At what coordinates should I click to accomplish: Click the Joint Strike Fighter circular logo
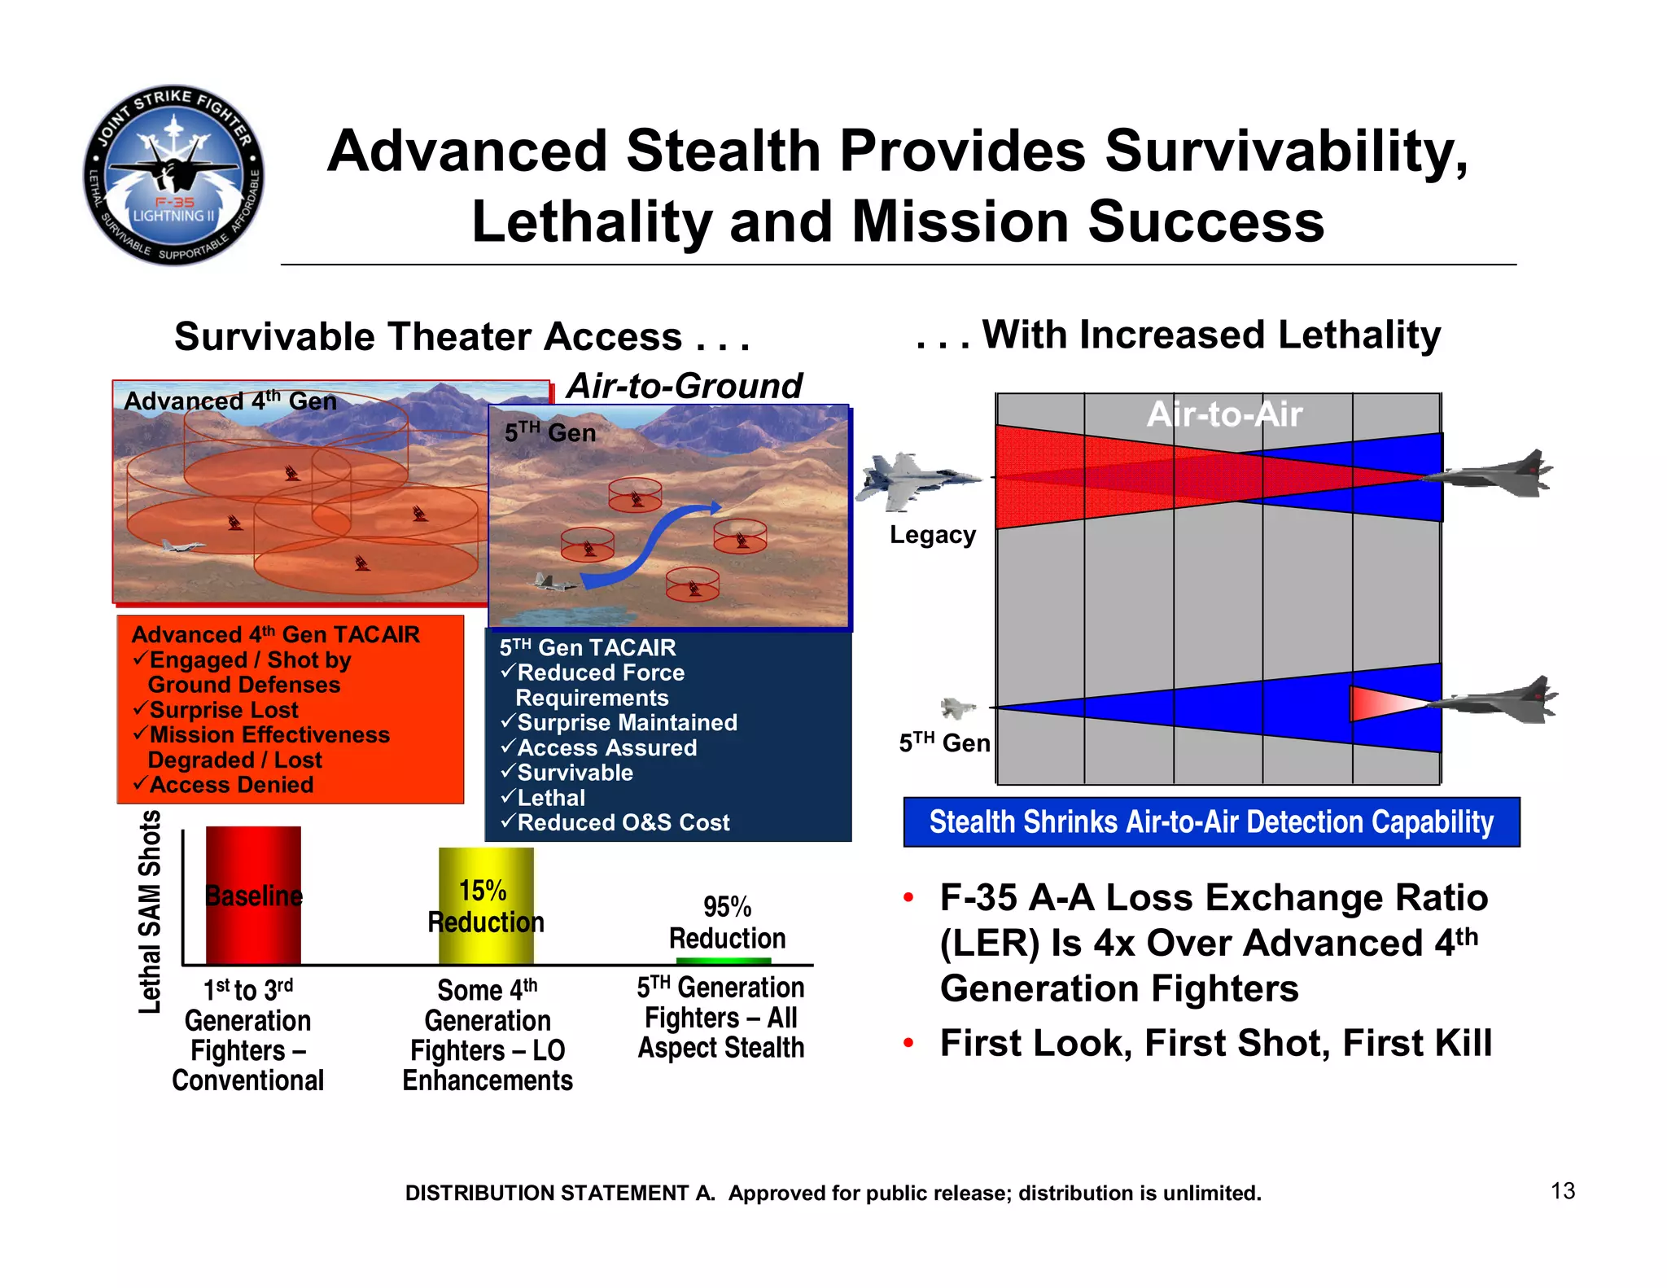pos(173,175)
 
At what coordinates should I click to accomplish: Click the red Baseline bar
pos(253,896)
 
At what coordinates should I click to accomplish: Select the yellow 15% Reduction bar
pos(486,905)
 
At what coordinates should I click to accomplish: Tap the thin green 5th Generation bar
pos(723,962)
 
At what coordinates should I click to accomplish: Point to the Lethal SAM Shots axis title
pos(150,911)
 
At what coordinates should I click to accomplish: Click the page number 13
pos(1562,1190)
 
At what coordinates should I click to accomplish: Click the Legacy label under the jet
pos(932,535)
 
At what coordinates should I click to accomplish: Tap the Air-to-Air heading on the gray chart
pos(1224,414)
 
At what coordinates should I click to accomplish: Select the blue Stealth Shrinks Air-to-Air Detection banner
pos(1211,822)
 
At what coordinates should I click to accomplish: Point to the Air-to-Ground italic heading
pos(684,385)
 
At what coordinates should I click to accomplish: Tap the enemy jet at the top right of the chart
pos(1494,473)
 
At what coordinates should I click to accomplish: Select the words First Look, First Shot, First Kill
pos(1215,1043)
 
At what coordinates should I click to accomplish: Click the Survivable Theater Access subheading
pos(462,336)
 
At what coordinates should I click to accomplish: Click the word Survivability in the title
pos(1286,151)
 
